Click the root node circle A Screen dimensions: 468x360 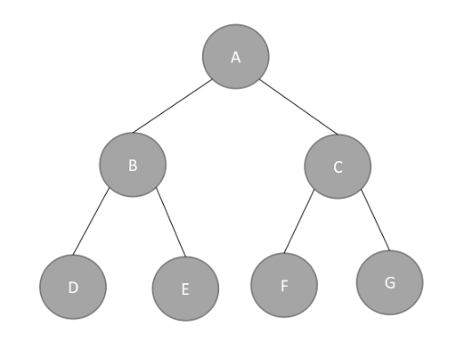click(x=235, y=57)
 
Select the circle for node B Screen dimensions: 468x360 click(x=133, y=165)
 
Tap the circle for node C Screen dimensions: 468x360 click(x=338, y=166)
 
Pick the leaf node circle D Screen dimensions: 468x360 click(x=72, y=287)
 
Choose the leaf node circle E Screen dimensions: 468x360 click(x=186, y=289)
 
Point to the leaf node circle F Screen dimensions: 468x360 click(x=284, y=285)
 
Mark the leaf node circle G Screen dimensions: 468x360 click(x=389, y=282)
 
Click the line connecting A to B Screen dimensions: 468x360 click(x=173, y=106)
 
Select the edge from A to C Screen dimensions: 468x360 click(x=299, y=107)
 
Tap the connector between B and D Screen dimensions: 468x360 click(x=91, y=221)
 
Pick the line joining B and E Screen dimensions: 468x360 click(x=171, y=222)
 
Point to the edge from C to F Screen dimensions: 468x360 click(x=299, y=222)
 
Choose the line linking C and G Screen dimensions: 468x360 click(x=376, y=220)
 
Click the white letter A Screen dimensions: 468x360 click(x=235, y=57)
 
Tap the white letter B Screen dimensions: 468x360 click(x=133, y=166)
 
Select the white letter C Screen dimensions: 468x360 click(x=338, y=167)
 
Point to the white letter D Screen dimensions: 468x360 click(x=73, y=288)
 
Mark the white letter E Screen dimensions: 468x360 click(x=186, y=289)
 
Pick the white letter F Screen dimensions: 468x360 click(x=284, y=286)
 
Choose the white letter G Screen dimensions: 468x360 click(x=390, y=283)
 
